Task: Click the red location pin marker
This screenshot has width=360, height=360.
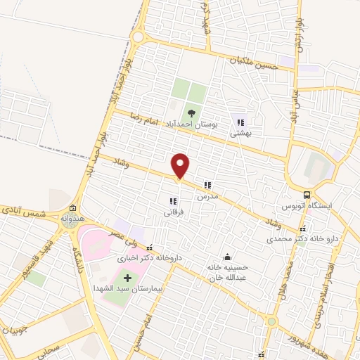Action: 181,166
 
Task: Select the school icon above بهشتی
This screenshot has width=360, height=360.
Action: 241,122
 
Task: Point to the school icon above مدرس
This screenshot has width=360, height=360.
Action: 207,186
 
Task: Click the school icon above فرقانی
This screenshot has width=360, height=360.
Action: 173,202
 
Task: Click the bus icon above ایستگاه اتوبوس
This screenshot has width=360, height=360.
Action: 307,195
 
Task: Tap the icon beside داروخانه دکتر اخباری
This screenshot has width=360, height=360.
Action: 148,247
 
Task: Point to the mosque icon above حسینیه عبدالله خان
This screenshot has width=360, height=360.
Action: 227,257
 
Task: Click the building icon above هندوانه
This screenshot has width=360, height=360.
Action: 72,208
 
